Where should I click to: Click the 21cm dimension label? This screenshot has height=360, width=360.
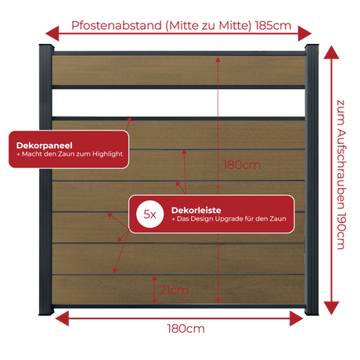174,290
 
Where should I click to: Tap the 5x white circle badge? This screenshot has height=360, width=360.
150,214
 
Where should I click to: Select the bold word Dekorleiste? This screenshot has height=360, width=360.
196,211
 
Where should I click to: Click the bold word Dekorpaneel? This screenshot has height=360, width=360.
45,146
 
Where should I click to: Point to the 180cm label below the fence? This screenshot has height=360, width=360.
185,329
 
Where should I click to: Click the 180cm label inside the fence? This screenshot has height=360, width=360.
242,165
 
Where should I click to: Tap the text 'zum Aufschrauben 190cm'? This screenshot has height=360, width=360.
340,175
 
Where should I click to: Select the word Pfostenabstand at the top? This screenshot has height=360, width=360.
117,26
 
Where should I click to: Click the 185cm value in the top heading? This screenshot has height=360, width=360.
273,26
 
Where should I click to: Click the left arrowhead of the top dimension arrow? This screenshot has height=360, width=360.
52,34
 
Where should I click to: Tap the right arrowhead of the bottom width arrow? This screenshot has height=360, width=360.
297,319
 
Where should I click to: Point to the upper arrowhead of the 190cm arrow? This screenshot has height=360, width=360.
331,52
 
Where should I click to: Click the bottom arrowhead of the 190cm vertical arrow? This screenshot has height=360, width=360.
331,308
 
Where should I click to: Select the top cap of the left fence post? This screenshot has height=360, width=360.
46,48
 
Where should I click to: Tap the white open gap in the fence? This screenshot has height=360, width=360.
178,103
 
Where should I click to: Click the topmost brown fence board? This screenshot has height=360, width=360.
178,70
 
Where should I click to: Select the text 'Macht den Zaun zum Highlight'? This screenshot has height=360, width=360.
72,154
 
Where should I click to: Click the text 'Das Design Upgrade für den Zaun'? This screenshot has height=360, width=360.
232,218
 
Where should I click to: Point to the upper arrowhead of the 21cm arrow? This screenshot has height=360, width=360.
154,279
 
